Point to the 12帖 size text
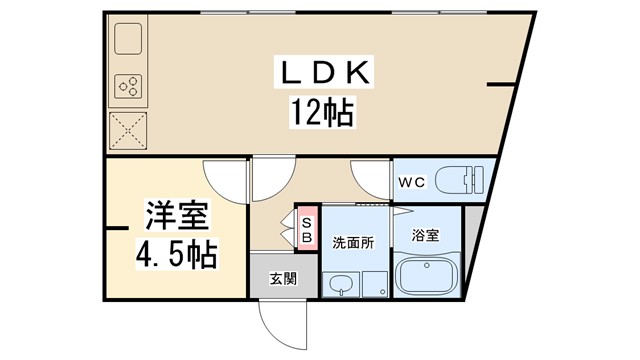coord(322,110)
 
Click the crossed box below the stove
coord(129,130)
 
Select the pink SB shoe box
coord(306,231)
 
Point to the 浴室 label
coord(426,236)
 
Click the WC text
coord(414,182)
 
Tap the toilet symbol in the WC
coord(464,180)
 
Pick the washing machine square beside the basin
coord(375,283)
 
